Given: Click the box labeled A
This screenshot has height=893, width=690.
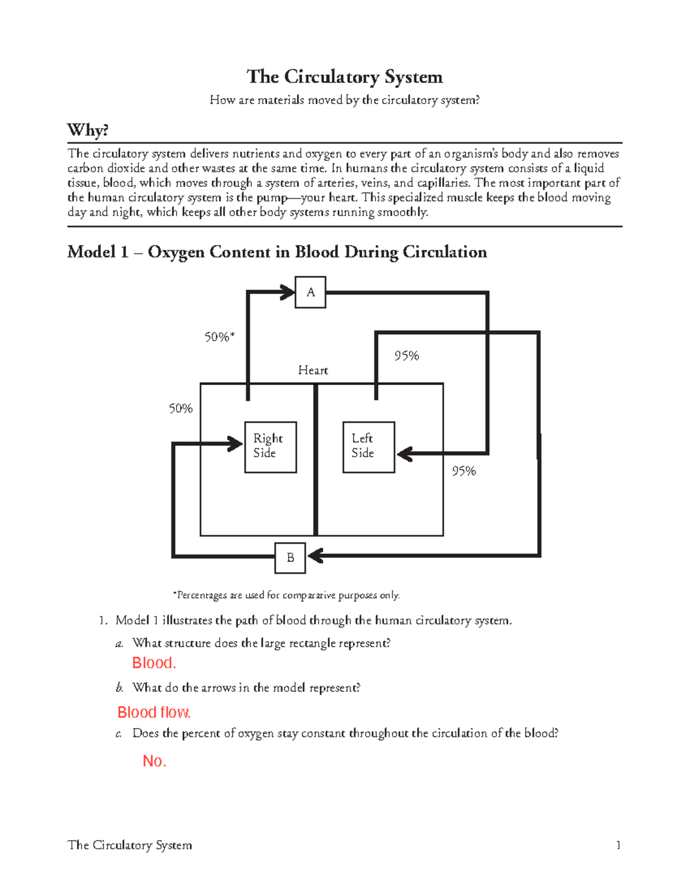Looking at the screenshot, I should tap(310, 292).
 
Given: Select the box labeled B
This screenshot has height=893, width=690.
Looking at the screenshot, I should tap(290, 558).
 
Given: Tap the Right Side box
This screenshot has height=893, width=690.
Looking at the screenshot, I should tap(270, 447).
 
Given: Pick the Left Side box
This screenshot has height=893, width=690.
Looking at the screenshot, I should tap(369, 447).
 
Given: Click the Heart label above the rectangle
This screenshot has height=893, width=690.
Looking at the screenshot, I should tap(313, 370).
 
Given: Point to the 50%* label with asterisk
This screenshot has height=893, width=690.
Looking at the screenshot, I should tap(220, 337).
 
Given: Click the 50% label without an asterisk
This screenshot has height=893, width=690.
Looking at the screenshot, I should tap(181, 409).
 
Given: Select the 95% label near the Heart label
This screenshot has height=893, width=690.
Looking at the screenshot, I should tap(407, 356).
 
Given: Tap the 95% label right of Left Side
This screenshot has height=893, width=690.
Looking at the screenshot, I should tap(463, 472).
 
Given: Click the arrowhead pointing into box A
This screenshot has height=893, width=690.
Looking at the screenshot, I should tap(287, 292).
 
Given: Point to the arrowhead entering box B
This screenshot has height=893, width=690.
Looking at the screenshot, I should tap(315, 556).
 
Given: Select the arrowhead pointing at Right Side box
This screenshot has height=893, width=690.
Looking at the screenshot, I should tap(236, 444).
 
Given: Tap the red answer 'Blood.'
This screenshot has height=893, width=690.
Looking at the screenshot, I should tap(154, 663).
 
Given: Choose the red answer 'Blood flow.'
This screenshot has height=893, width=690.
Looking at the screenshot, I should tap(154, 712).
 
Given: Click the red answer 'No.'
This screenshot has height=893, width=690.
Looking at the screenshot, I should tap(154, 761).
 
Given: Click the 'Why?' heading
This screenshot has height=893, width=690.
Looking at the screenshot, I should tap(88, 130).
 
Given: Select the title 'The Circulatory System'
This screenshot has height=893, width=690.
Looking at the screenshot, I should tap(344, 77).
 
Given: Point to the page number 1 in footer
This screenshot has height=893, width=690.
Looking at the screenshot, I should tap(618, 845).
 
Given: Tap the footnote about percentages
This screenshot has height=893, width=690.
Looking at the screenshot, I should tap(286, 595).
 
